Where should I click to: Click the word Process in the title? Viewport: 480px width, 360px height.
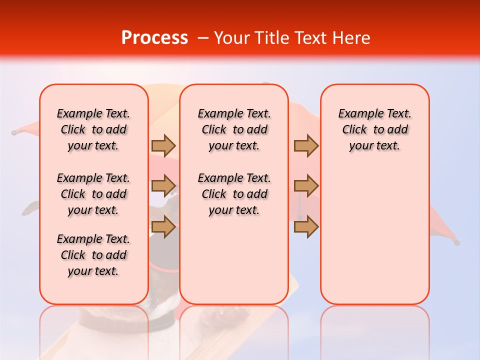[x=154, y=38]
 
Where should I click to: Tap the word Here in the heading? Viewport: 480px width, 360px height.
[x=350, y=38]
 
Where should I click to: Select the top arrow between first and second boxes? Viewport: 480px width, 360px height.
[x=163, y=145]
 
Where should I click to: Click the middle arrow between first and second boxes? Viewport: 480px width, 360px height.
[x=163, y=186]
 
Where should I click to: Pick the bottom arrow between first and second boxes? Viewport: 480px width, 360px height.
[x=163, y=227]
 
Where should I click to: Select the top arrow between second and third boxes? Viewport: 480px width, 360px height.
[x=306, y=145]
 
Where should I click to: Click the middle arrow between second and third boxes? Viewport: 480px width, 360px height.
[x=306, y=186]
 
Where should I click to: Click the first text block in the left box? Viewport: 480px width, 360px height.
[x=93, y=129]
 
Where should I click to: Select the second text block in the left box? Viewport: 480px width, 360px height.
[x=93, y=194]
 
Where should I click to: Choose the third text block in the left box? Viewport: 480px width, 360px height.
[x=93, y=255]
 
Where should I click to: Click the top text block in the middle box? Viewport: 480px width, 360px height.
[x=234, y=129]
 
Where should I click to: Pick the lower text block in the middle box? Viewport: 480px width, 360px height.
[x=234, y=194]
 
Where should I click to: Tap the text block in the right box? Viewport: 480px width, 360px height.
[x=375, y=129]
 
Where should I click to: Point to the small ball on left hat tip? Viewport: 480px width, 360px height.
[x=15, y=132]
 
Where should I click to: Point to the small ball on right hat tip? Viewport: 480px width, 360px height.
[x=456, y=242]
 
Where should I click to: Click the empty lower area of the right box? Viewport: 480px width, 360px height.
[x=375, y=235]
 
